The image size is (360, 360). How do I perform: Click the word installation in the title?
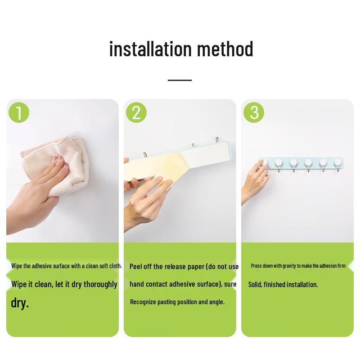(144, 49)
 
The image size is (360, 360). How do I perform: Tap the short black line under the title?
(180, 80)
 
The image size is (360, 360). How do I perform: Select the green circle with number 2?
(136, 112)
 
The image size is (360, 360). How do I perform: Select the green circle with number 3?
(254, 112)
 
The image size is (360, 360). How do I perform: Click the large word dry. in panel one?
(20, 302)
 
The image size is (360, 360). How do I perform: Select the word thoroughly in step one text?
(97, 284)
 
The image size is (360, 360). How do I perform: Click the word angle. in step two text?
(216, 302)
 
